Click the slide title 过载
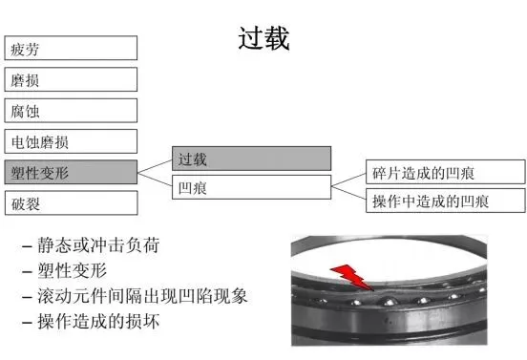pyautogui.click(x=263, y=38)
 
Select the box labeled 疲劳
pyautogui.click(x=71, y=48)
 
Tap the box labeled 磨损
pyautogui.click(x=71, y=79)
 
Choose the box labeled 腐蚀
pyautogui.click(x=71, y=111)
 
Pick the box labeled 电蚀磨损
pyautogui.click(x=71, y=141)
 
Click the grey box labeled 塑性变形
pyautogui.click(x=71, y=172)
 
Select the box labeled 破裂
pyautogui.click(x=71, y=203)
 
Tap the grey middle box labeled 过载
pyautogui.click(x=251, y=159)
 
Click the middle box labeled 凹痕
pyautogui.click(x=251, y=187)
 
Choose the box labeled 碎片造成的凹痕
pyautogui.click(x=445, y=172)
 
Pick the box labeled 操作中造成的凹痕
pyautogui.click(x=445, y=201)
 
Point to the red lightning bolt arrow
pyautogui.click(x=352, y=277)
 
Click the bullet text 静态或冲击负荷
pyautogui.click(x=98, y=245)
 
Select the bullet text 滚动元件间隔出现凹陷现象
pyautogui.click(x=142, y=296)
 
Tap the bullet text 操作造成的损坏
pyautogui.click(x=98, y=322)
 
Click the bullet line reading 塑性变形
pyautogui.click(x=72, y=270)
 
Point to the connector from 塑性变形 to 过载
pyautogui.click(x=155, y=166)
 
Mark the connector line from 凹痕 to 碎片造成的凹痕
pyautogui.click(x=348, y=180)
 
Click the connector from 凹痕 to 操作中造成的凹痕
pyautogui.click(x=348, y=193)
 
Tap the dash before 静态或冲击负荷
pyautogui.click(x=27, y=247)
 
